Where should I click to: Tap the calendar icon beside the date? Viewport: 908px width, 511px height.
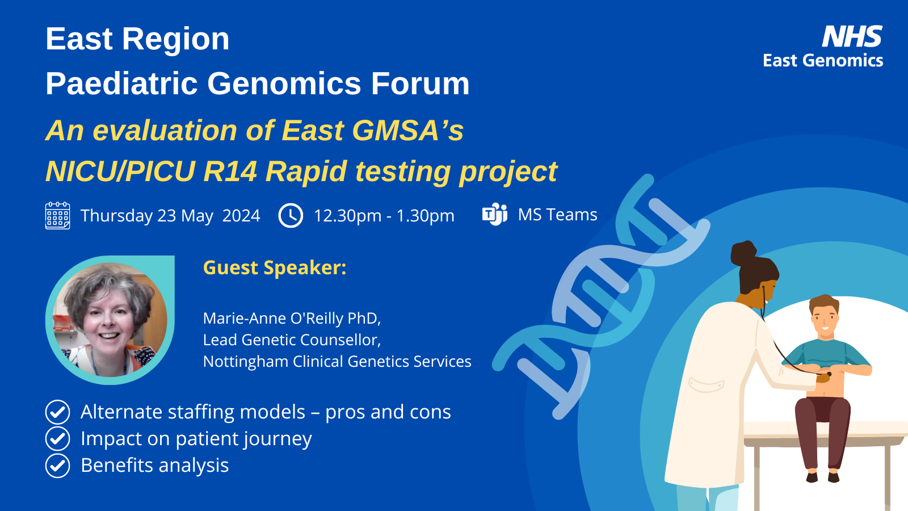click(57, 216)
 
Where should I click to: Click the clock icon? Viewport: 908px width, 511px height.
click(291, 215)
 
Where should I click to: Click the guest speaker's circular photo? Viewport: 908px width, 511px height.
click(110, 320)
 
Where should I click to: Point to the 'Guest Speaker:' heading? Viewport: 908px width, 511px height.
click(275, 267)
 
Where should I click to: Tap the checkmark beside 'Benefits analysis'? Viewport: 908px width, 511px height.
click(57, 466)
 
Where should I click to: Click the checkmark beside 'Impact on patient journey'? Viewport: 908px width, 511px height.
click(57, 438)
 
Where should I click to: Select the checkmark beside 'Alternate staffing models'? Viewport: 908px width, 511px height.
click(57, 412)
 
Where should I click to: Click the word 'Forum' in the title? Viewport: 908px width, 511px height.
click(421, 83)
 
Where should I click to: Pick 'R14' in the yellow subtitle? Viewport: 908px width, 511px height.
click(230, 171)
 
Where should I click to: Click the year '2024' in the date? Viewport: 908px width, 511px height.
click(241, 215)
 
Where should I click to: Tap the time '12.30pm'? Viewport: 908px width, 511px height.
click(348, 216)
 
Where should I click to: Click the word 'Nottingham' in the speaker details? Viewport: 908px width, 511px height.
click(246, 361)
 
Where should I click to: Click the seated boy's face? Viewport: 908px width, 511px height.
click(825, 320)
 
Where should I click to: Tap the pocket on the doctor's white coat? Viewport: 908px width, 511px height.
click(706, 384)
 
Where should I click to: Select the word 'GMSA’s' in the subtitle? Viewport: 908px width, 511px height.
click(408, 131)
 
